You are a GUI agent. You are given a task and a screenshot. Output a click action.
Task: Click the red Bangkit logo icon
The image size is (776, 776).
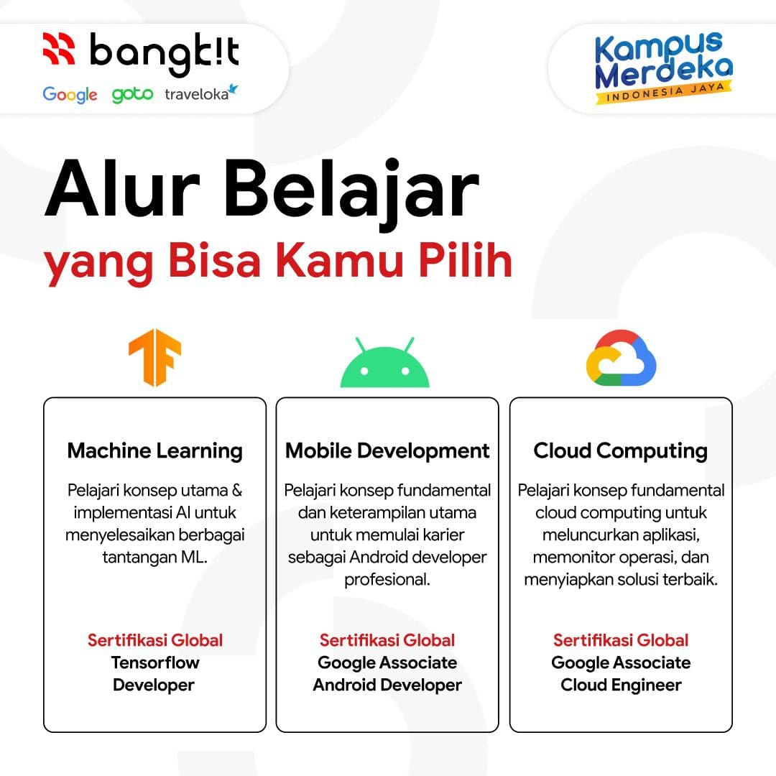click(x=58, y=49)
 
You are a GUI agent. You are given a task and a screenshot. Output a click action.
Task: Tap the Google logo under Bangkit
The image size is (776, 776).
click(x=70, y=95)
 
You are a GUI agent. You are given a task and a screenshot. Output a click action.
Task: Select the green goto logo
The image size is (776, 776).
click(x=132, y=95)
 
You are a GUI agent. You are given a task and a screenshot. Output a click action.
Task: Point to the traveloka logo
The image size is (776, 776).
click(x=200, y=93)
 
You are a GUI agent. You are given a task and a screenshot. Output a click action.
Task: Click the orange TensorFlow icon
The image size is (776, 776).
click(x=154, y=358)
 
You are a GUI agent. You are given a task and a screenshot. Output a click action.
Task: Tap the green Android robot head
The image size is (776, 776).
click(x=384, y=364)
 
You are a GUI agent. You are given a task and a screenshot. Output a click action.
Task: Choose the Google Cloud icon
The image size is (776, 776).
click(x=621, y=358)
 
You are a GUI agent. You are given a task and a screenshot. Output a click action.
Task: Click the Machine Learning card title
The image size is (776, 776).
click(x=154, y=451)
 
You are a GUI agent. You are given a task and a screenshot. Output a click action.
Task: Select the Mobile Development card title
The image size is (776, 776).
click(x=387, y=451)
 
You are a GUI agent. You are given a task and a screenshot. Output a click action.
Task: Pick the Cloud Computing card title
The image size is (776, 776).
click(x=620, y=451)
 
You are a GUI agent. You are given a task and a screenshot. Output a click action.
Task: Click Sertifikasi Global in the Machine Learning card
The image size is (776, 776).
click(x=154, y=639)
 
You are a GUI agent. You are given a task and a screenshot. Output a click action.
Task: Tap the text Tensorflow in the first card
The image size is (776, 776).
click(x=154, y=662)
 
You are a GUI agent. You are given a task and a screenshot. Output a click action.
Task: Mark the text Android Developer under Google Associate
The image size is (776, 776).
click(x=387, y=685)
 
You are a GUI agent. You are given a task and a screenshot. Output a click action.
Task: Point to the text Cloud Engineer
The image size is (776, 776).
click(x=621, y=685)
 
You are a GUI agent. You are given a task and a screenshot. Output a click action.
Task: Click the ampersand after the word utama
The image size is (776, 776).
click(x=236, y=491)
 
